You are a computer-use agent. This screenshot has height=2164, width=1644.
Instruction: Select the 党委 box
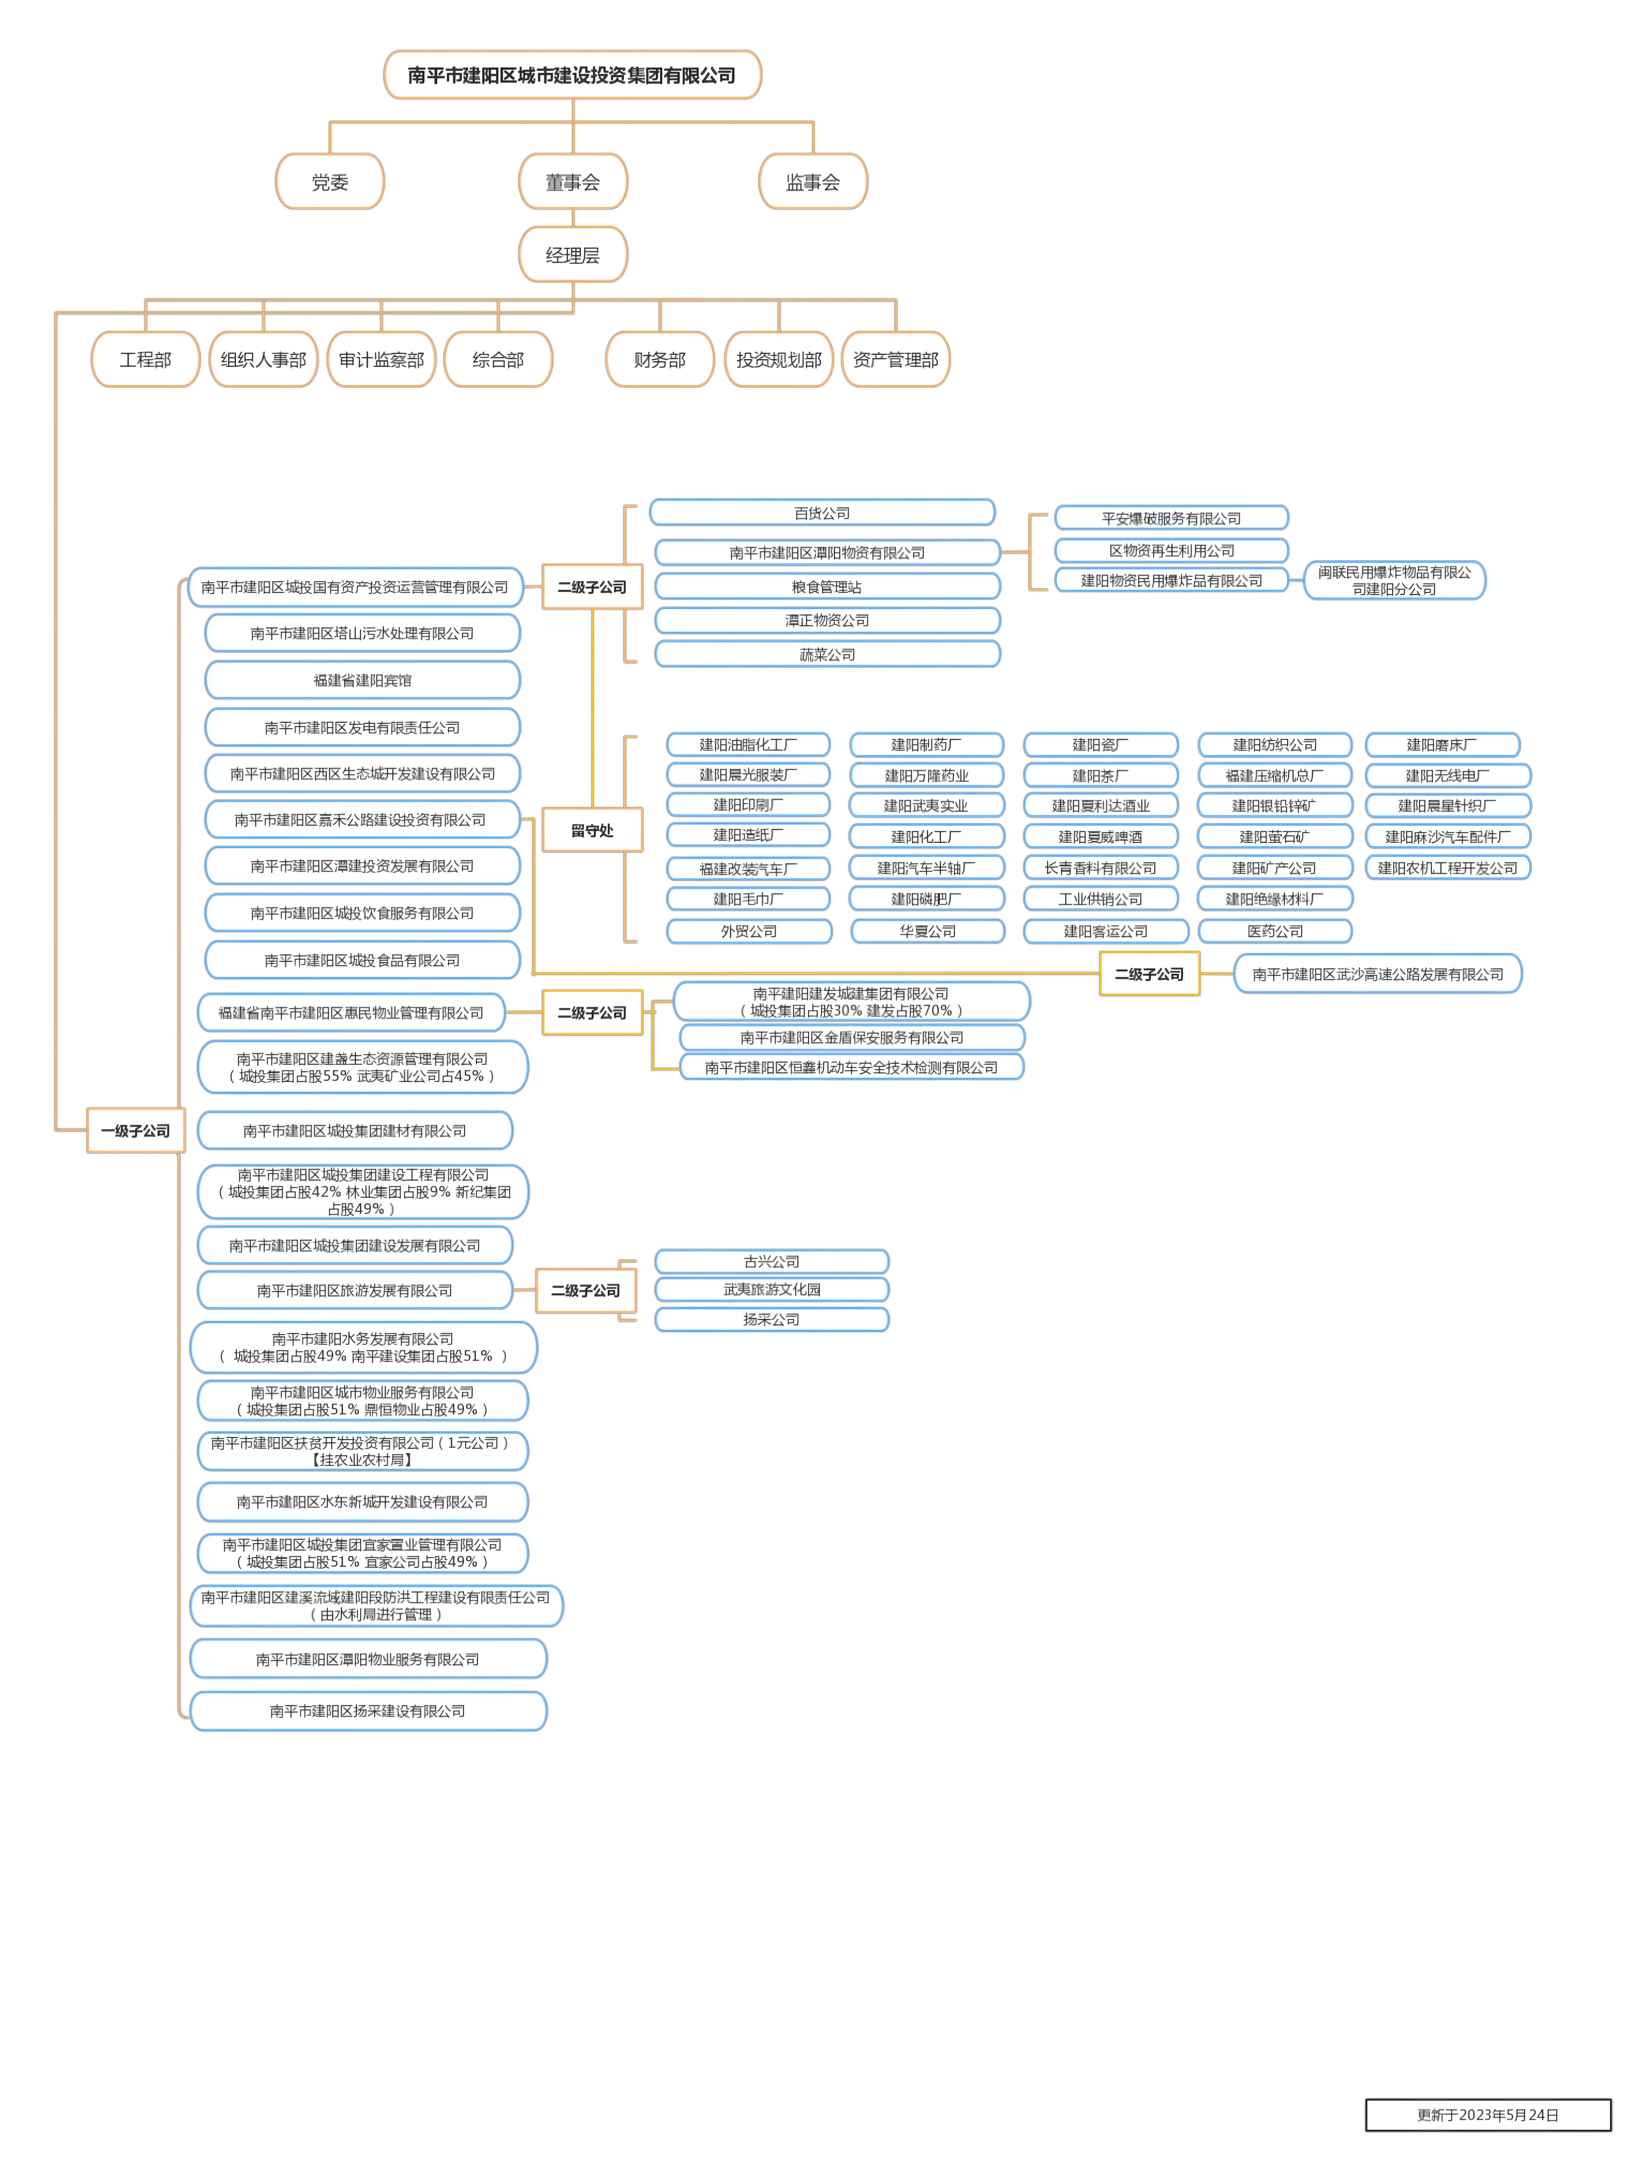[330, 182]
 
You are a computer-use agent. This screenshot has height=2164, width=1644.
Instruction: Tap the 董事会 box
[572, 182]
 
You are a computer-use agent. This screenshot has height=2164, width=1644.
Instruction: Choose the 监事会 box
[812, 182]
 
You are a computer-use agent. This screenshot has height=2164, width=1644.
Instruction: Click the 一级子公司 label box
[135, 1130]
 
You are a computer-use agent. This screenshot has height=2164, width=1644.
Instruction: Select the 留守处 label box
[592, 830]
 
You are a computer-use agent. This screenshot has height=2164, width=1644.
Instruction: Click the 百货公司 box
[822, 513]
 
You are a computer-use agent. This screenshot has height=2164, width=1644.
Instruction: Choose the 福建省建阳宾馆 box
[362, 680]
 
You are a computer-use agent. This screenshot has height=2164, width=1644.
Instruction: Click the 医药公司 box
[1275, 931]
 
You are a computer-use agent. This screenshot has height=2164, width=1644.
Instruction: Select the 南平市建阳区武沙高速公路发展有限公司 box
[1378, 974]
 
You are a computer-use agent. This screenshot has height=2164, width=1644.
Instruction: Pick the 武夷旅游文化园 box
[772, 1289]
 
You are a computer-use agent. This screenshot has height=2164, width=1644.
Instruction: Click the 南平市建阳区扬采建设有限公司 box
[368, 1711]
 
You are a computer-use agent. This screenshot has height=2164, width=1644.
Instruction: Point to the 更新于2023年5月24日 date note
[1487, 2114]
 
